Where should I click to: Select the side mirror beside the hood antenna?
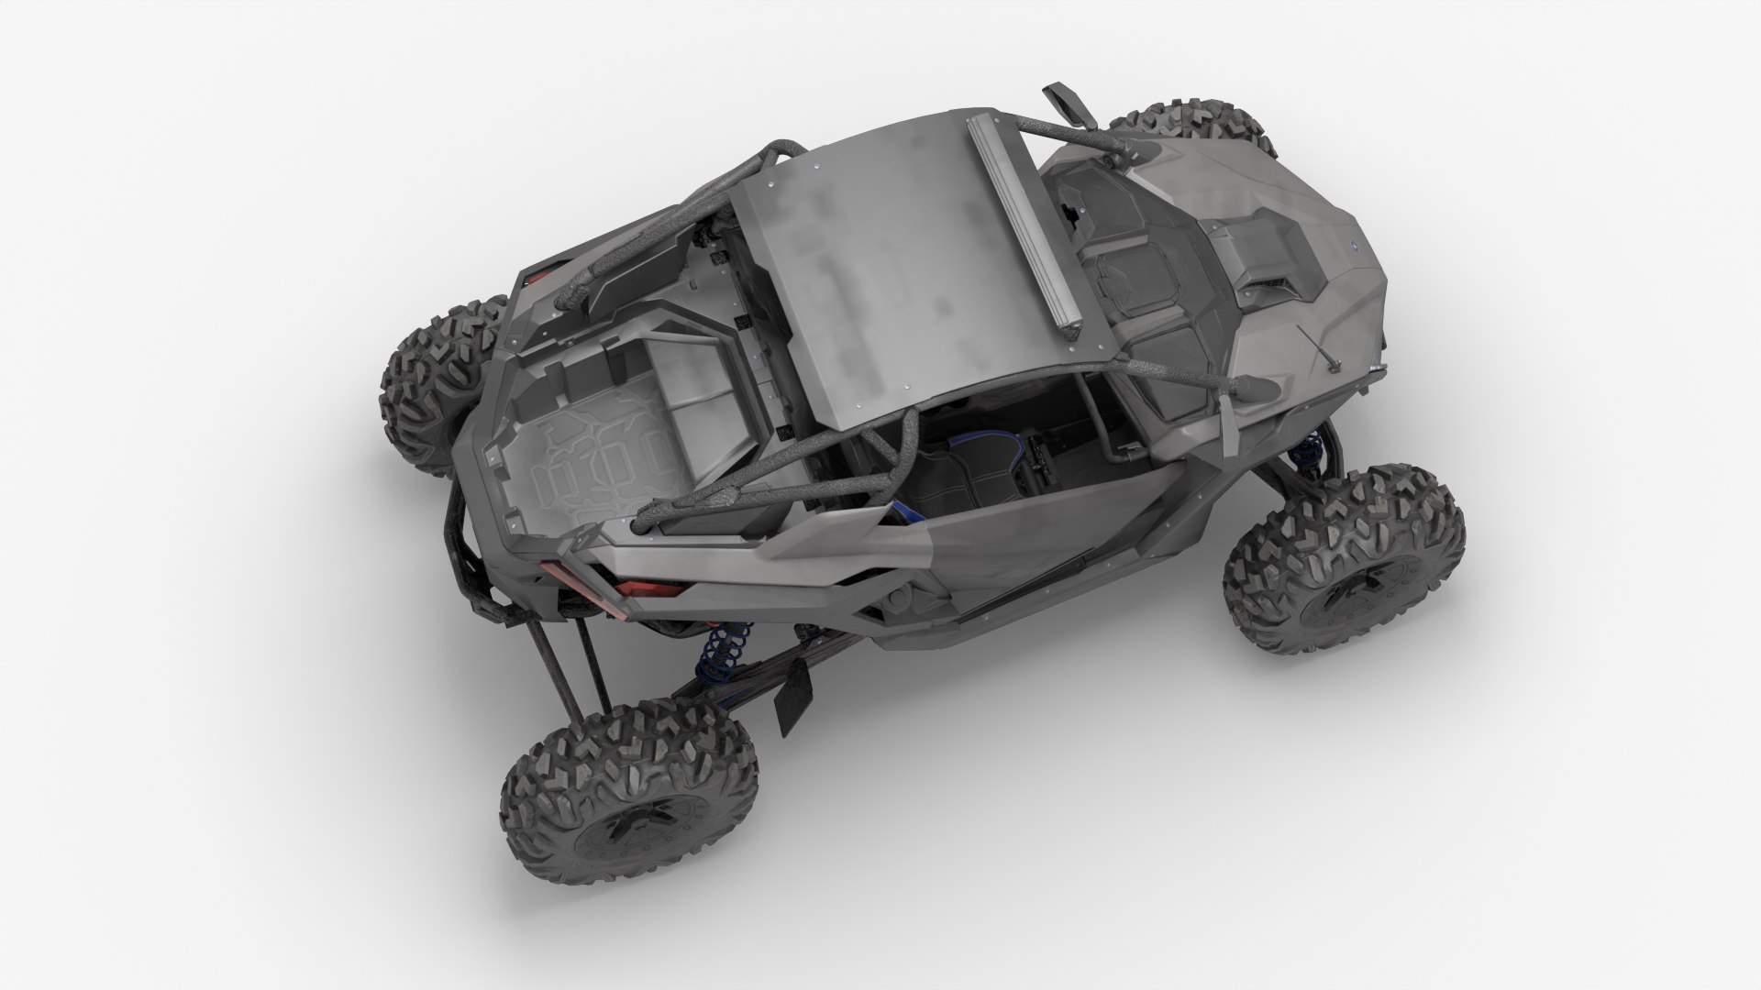(x=1261, y=387)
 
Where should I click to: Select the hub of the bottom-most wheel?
(x=624, y=830)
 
